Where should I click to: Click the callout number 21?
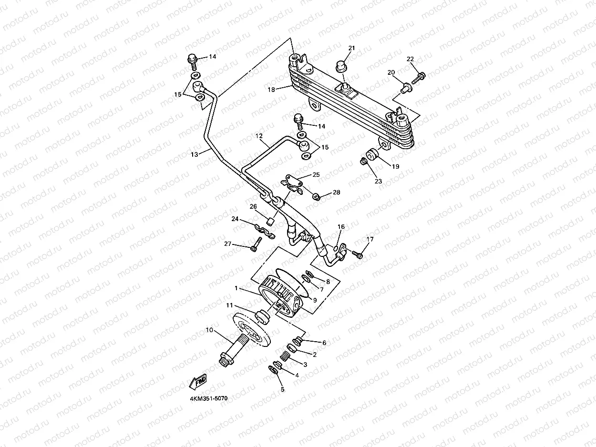[352, 48]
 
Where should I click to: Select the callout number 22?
[410, 59]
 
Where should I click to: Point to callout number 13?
[194, 154]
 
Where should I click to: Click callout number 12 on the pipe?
[259, 136]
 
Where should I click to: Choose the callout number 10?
[209, 330]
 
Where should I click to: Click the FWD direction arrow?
[198, 381]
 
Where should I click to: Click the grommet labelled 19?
[372, 155]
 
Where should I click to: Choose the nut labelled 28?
[316, 196]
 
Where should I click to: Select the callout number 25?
[316, 175]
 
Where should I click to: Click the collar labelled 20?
[405, 87]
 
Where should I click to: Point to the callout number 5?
[282, 389]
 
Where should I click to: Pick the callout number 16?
[341, 227]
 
